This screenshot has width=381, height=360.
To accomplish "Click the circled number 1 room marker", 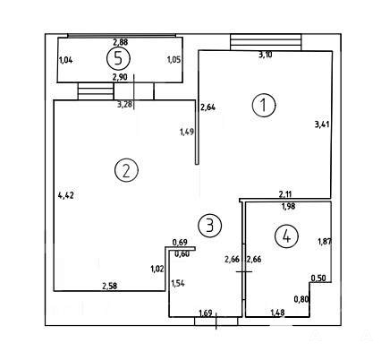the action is [x=264, y=105].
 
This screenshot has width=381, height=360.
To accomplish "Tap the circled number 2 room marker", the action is [x=126, y=170].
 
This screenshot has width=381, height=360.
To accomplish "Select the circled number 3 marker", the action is [x=210, y=226].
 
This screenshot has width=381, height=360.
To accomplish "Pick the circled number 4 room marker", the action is [x=286, y=236].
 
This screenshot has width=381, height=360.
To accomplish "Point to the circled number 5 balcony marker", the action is [x=118, y=58].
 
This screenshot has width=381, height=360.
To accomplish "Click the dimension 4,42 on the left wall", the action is [x=66, y=195].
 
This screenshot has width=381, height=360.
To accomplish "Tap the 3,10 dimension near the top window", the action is [x=265, y=55].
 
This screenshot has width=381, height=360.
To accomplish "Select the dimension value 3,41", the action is [x=322, y=124].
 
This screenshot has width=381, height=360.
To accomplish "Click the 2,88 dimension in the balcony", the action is [x=120, y=42].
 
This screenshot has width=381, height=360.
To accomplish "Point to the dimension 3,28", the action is [x=125, y=105].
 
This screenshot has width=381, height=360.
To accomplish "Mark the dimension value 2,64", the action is [x=207, y=107].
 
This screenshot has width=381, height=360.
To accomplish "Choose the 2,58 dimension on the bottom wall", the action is [x=110, y=286].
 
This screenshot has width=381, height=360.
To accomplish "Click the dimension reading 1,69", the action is [x=206, y=313].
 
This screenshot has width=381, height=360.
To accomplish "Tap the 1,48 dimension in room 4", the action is [x=277, y=313].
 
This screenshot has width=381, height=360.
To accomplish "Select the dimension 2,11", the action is [x=285, y=195].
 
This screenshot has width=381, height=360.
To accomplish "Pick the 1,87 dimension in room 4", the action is [x=325, y=241].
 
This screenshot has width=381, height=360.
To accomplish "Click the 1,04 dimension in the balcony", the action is [x=66, y=60].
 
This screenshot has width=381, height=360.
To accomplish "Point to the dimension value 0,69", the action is [x=180, y=242].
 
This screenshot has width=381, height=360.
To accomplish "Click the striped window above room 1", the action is [x=266, y=42].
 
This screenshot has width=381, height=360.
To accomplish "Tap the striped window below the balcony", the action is [x=96, y=91].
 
